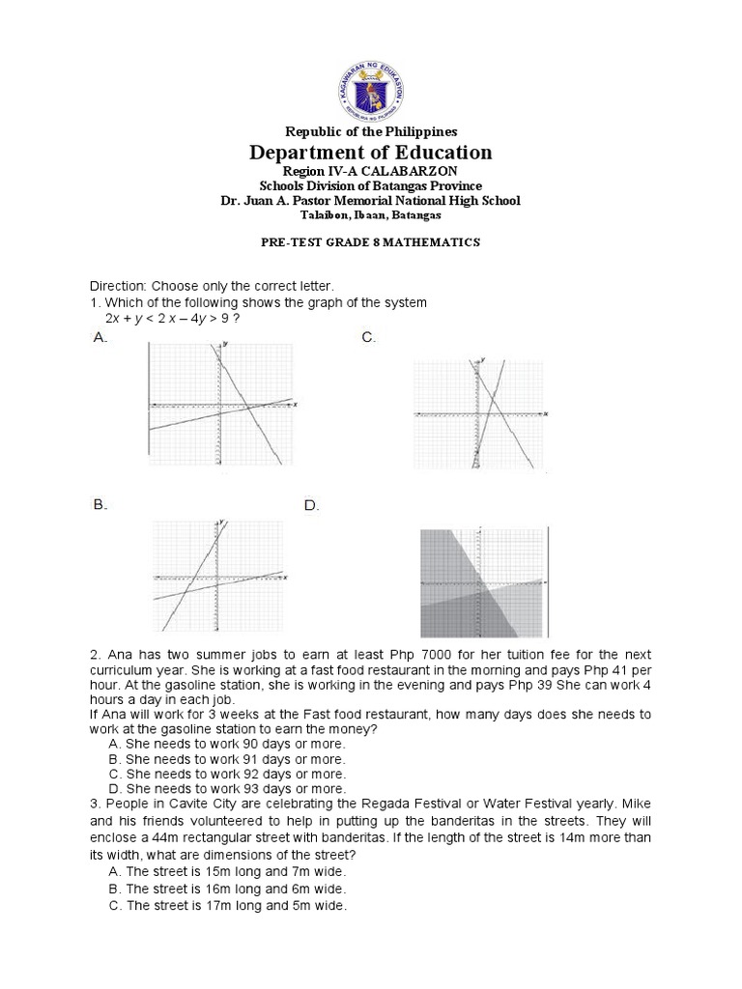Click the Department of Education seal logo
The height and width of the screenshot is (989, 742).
tap(371, 85)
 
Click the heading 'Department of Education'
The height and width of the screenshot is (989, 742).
tap(371, 153)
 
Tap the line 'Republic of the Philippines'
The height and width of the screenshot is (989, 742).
tap(370, 130)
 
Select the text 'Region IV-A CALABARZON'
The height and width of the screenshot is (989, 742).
tap(370, 171)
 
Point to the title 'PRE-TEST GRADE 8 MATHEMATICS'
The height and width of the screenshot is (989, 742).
tap(370, 242)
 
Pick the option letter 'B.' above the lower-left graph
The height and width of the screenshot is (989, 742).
tap(100, 504)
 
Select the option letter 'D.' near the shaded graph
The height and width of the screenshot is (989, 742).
tap(311, 505)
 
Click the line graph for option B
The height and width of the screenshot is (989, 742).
tap(219, 578)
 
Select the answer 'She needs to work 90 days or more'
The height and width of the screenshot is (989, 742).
tap(235, 745)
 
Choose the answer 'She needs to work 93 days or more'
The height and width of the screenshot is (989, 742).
tap(235, 788)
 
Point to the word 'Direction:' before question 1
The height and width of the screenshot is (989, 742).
tap(118, 287)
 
